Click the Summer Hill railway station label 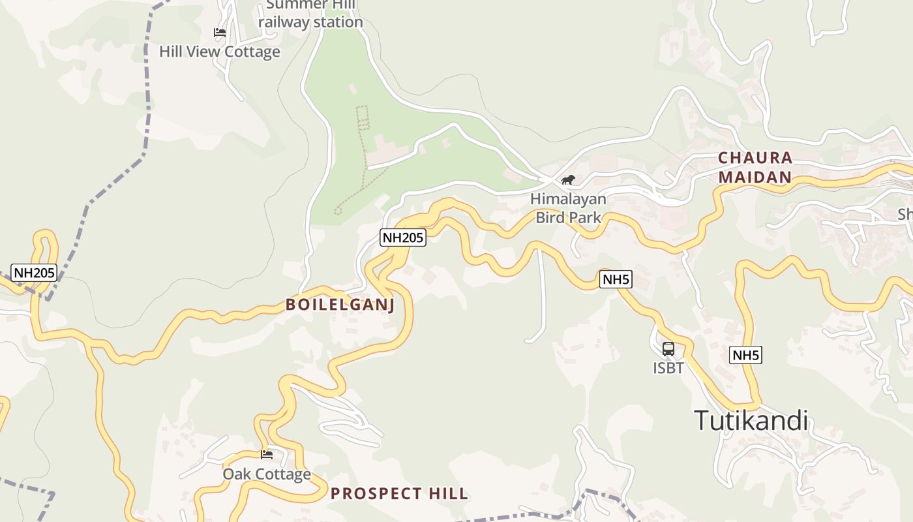coord(310,14)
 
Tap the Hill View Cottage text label coord(220,52)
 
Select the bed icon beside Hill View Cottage coord(220,32)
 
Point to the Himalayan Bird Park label coord(568,207)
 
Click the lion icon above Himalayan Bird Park coord(568,179)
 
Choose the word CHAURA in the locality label coord(755,158)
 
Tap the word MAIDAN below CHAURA coord(755,177)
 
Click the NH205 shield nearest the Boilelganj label coord(403,238)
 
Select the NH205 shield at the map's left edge coord(34,272)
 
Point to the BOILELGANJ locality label coord(340,305)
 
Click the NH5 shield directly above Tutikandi coord(746,355)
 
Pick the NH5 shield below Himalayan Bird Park coord(616,280)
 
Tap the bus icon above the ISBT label coord(668,349)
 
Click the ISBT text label coord(668,368)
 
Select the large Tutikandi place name coord(751,420)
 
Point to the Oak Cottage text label coord(267,474)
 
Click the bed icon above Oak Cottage coord(267,454)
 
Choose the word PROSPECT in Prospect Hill coord(374,493)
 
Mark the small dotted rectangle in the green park coord(362,116)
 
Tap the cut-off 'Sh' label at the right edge coord(905,214)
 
